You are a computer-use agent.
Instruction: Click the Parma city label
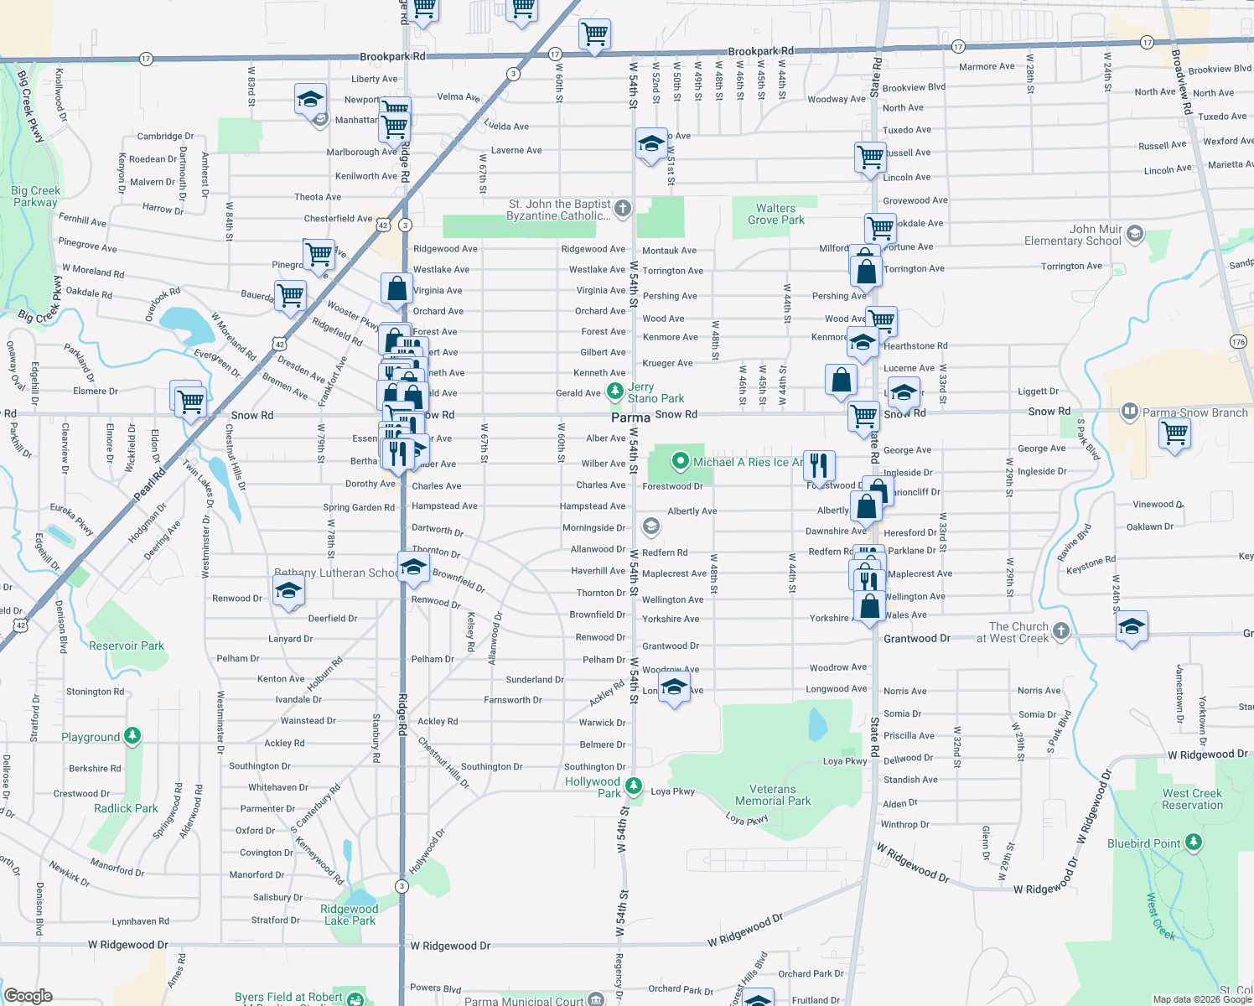(x=630, y=417)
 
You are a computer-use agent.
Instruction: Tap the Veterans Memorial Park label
(x=773, y=795)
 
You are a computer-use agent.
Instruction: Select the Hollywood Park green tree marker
(x=634, y=786)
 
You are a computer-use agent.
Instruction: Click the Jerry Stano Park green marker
(x=614, y=390)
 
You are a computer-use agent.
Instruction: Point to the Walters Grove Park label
(x=775, y=214)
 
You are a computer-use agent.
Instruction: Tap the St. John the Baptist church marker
(x=622, y=209)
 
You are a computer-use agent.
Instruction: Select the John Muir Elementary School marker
(x=1135, y=233)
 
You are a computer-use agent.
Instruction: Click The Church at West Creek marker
(x=1060, y=630)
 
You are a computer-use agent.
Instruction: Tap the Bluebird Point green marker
(x=1194, y=842)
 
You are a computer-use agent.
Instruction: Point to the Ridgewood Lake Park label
(x=350, y=915)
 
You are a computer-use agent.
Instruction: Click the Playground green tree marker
(x=132, y=736)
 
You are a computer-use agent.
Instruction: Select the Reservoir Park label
(x=127, y=646)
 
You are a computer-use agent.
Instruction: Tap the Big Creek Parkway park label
(x=35, y=196)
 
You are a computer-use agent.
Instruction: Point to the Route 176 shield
(x=1238, y=341)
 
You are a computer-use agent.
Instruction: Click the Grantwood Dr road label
(x=917, y=638)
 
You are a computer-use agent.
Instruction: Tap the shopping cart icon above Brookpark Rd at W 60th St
(x=594, y=35)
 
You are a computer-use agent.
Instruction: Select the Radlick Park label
(x=126, y=808)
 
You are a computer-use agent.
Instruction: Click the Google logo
(x=28, y=995)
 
